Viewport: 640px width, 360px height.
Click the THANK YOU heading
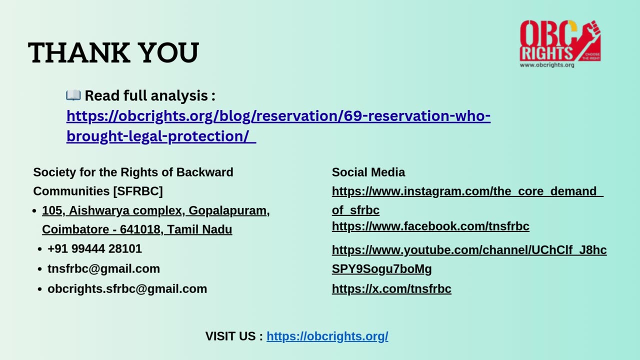(113, 53)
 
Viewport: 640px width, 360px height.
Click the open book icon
(73, 95)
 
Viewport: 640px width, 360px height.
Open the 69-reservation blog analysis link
(278, 116)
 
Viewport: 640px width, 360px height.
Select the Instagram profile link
(467, 191)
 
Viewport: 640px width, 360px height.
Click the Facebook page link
(430, 226)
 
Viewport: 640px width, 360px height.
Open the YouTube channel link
(469, 250)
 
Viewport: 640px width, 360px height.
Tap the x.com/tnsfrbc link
(391, 289)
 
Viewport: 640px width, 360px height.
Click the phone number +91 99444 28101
(94, 248)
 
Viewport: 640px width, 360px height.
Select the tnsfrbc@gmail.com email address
(103, 268)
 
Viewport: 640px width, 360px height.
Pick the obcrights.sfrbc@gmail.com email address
(127, 288)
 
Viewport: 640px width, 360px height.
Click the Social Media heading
(368, 172)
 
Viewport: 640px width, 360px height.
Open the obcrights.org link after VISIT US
(327, 336)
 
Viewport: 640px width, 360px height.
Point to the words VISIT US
(230, 336)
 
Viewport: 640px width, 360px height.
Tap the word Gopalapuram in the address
(227, 210)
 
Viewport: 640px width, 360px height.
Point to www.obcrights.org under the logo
(546, 65)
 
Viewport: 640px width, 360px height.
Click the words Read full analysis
(146, 95)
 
